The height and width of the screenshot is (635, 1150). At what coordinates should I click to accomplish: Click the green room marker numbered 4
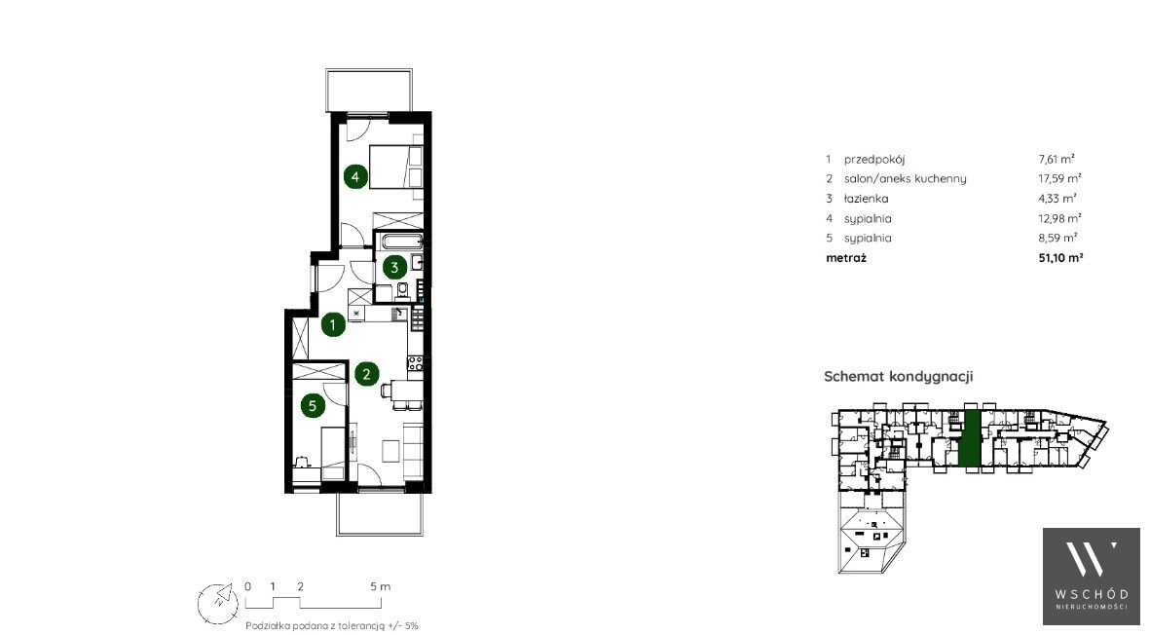click(355, 176)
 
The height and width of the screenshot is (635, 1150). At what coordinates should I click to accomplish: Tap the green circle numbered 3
click(394, 268)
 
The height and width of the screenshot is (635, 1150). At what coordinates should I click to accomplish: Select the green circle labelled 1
click(333, 324)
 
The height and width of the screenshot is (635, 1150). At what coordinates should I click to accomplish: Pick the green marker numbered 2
click(367, 374)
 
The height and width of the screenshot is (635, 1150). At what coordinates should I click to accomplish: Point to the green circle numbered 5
click(314, 405)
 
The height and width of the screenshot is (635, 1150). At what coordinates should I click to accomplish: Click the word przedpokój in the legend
click(874, 159)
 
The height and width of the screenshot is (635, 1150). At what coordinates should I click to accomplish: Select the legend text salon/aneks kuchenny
click(905, 179)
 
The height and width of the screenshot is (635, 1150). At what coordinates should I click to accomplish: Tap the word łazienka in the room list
click(867, 199)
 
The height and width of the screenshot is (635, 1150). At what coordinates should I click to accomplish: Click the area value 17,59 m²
click(1059, 178)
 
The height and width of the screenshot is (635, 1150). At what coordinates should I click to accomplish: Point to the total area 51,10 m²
click(1060, 257)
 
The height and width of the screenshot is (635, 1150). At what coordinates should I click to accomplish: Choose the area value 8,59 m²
click(1057, 238)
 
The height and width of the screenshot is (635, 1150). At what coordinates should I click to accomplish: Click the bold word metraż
click(845, 258)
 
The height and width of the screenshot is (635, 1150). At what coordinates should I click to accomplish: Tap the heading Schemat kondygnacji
click(899, 377)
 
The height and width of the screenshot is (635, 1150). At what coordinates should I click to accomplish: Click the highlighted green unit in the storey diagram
click(970, 438)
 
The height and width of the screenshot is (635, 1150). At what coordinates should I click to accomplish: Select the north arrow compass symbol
click(218, 604)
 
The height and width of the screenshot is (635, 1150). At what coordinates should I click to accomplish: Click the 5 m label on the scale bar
click(380, 586)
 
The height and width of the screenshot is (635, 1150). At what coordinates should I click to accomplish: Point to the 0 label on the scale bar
click(248, 586)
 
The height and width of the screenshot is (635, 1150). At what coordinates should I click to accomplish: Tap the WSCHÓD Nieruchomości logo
click(1092, 577)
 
